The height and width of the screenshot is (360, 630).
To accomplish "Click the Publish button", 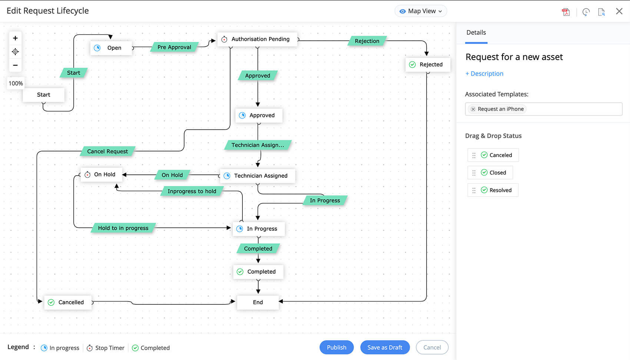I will [x=336, y=347].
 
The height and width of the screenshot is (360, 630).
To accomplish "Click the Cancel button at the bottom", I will [x=432, y=347].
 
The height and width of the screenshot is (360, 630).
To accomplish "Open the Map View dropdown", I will [x=421, y=11].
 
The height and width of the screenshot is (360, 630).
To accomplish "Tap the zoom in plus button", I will [x=15, y=38].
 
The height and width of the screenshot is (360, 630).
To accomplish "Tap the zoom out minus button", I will [x=15, y=65].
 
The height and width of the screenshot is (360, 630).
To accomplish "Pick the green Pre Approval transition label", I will [x=174, y=47].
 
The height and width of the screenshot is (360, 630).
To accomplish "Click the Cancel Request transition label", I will [x=107, y=151].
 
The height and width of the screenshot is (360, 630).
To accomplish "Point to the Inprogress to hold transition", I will [x=192, y=191].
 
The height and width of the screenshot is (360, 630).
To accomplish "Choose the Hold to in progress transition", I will [x=123, y=228].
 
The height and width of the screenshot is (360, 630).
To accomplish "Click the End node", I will [x=258, y=302].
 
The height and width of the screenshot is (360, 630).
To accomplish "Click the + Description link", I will [x=484, y=73].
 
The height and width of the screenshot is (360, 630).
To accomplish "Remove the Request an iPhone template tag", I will [x=473, y=109].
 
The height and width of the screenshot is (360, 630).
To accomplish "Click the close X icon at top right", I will [x=619, y=11].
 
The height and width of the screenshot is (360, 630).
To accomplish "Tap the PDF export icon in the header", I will [x=566, y=12].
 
